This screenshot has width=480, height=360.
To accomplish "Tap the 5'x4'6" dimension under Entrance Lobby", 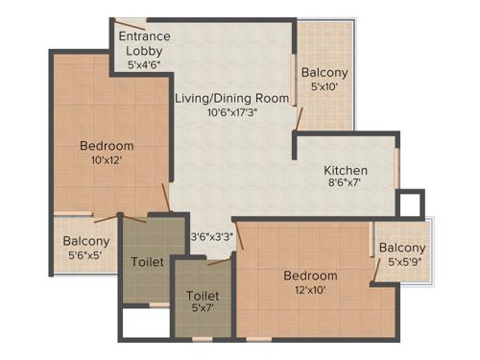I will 144,65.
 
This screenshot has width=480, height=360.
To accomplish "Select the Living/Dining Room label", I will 231,97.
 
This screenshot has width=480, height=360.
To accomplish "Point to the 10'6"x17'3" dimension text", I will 230,111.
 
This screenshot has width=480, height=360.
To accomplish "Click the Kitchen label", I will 346,171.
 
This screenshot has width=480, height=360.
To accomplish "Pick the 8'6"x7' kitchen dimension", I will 346,186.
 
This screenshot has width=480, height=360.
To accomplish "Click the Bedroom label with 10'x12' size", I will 107,146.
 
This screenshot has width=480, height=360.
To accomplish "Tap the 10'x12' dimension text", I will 107,161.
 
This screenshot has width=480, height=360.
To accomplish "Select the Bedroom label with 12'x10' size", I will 310,276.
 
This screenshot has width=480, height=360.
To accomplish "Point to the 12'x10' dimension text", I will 310,291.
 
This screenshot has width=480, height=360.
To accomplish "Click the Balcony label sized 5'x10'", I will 324,73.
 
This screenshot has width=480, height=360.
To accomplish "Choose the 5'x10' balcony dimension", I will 324,88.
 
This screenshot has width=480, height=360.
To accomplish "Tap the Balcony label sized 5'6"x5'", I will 86,241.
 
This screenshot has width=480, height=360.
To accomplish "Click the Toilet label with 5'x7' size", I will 203,296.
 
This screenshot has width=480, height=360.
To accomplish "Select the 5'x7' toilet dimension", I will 203,309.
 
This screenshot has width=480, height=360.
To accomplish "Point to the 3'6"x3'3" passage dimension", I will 211,235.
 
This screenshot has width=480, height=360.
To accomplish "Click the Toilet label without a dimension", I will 147,261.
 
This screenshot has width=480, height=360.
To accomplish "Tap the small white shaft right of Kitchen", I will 410,204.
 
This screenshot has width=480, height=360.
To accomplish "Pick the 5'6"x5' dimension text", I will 86,256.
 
